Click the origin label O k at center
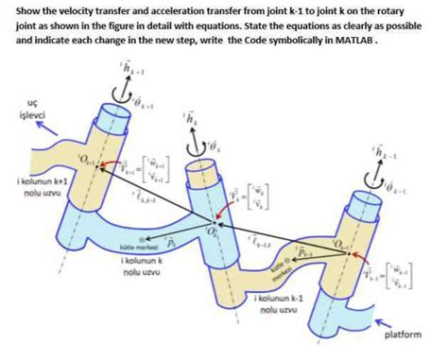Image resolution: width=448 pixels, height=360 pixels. [x=212, y=230]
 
